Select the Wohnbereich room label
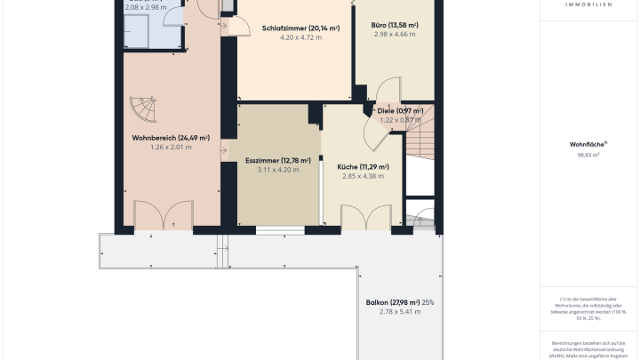click(170, 138)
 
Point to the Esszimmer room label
click(277, 161)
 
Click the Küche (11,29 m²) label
click(363, 166)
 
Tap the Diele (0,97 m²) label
click(400, 111)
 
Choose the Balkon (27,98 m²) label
click(393, 302)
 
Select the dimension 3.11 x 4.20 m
click(277, 170)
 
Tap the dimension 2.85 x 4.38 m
click(363, 176)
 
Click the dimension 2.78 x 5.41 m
click(392, 312)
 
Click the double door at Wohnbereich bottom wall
click(164, 216)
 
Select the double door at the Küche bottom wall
click(367, 218)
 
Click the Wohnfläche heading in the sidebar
click(588, 144)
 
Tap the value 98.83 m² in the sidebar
click(588, 155)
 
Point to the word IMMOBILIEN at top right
click(588, 4)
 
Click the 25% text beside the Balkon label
click(428, 302)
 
